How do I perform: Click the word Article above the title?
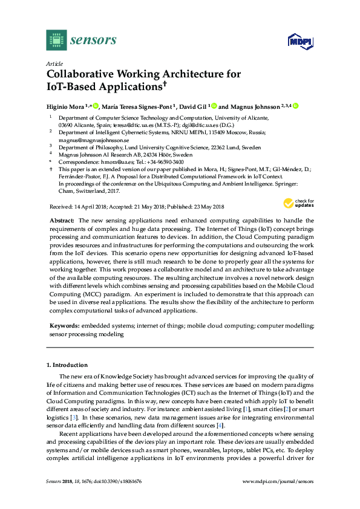[x=54, y=63]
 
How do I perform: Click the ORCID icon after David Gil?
[x=214, y=106]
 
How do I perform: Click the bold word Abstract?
[x=61, y=221]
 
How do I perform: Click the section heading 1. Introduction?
[x=67, y=365]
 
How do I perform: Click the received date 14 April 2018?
[x=87, y=206]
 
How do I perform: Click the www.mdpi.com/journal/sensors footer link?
[x=278, y=498]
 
